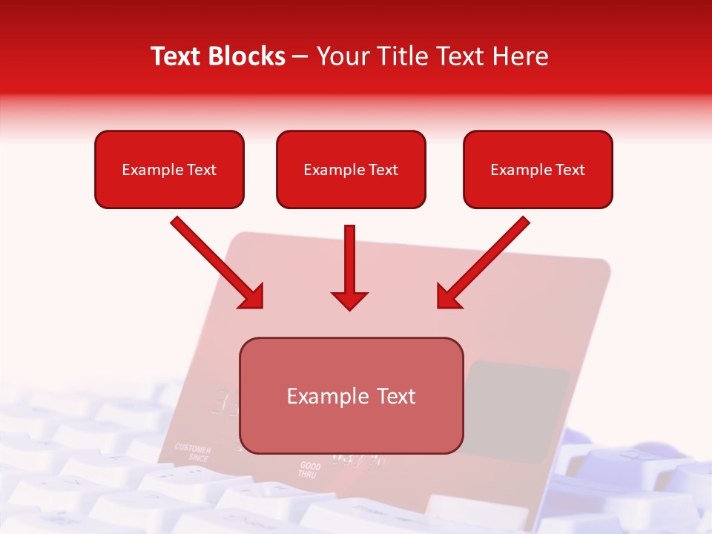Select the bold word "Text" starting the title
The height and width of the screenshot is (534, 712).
click(x=178, y=56)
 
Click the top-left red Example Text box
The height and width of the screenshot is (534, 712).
click(x=169, y=169)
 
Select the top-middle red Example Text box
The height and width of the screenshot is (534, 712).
click(x=351, y=169)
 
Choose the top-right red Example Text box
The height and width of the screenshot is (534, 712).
click(x=538, y=169)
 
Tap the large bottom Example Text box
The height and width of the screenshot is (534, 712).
click(x=351, y=395)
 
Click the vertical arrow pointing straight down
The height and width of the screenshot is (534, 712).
click(x=350, y=263)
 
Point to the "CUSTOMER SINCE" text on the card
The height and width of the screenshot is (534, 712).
click(x=193, y=453)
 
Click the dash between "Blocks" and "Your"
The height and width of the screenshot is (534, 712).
click(x=301, y=56)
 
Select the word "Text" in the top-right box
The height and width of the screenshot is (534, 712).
click(x=570, y=169)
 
